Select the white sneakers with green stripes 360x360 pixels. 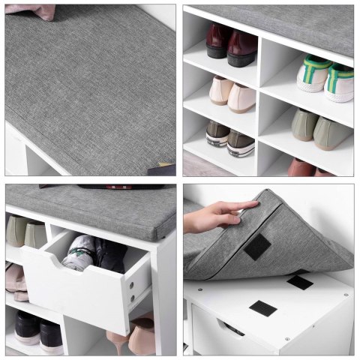pos(326,78)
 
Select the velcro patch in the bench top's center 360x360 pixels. pos(263,307)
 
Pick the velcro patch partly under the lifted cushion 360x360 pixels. pos(300,281)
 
